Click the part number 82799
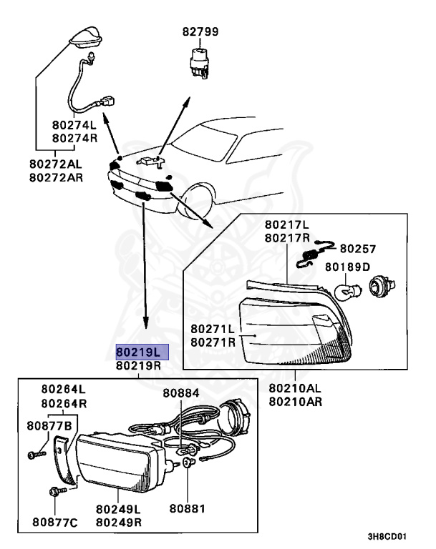click(200, 32)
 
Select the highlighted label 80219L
click(142, 352)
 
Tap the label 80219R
click(142, 366)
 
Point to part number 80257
click(358, 249)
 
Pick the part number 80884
click(180, 393)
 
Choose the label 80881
click(188, 509)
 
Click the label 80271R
click(213, 342)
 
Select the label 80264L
click(63, 389)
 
